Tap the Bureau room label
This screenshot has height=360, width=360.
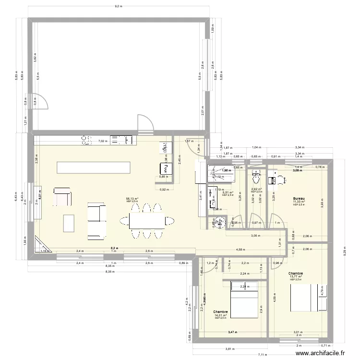(299, 198)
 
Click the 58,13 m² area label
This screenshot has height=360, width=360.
(132, 198)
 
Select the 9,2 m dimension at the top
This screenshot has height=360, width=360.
(118, 6)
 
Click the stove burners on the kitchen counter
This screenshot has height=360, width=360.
(87, 140)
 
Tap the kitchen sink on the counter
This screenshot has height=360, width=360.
(121, 140)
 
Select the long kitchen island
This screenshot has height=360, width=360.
(94, 167)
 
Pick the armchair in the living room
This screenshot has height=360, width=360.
(62, 197)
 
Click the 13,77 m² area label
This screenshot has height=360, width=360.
(296, 276)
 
